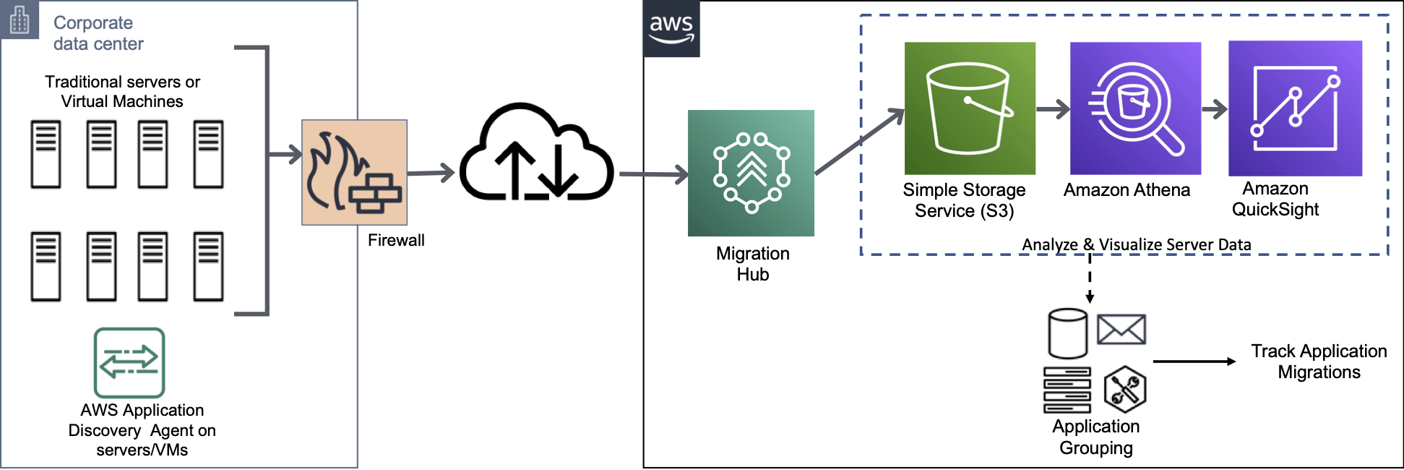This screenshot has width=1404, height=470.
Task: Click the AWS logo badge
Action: (x=671, y=29)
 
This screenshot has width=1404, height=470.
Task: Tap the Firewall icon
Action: (x=354, y=172)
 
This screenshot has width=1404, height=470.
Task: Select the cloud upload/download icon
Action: (x=536, y=154)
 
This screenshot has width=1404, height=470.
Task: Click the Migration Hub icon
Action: (x=751, y=173)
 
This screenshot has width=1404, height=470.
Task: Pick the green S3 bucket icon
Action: (x=970, y=108)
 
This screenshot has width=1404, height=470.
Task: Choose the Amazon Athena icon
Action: (x=1135, y=108)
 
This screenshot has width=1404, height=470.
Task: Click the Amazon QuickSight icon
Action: (x=1295, y=108)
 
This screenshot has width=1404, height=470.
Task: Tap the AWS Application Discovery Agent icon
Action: (x=129, y=362)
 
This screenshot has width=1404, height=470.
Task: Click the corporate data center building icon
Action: (x=20, y=20)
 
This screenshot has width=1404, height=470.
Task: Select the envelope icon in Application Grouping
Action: (x=1121, y=330)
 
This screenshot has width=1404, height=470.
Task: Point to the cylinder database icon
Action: (x=1067, y=333)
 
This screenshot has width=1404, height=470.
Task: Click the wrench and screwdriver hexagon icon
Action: (x=1124, y=390)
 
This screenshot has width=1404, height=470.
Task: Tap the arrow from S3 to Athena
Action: (x=1052, y=109)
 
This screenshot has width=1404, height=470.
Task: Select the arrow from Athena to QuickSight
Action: (x=1215, y=109)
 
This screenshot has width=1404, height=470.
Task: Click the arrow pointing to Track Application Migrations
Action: (x=1194, y=362)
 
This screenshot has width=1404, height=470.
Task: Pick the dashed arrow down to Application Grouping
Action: (x=1090, y=279)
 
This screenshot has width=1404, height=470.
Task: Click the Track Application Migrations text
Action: (x=1319, y=362)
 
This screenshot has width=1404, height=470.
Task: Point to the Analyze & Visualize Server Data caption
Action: (x=1136, y=244)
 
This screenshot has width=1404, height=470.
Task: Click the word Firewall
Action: (x=396, y=240)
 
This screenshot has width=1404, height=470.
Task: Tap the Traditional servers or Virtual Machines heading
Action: (x=122, y=91)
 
